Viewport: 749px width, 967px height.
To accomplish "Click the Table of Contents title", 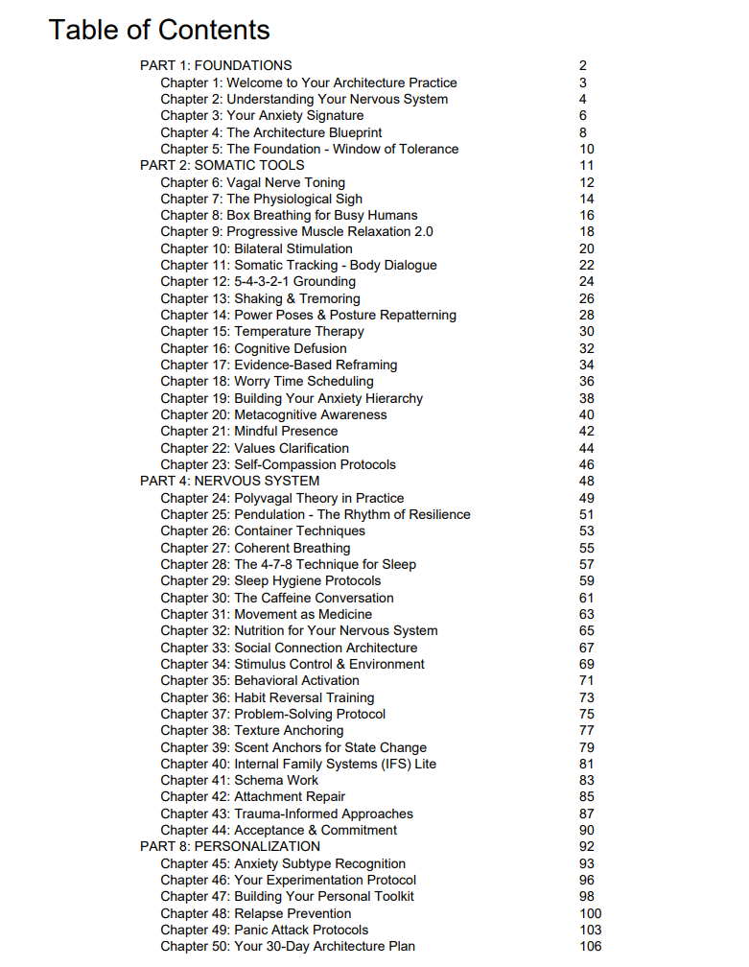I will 159,30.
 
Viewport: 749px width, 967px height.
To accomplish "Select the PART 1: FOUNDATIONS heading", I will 216,65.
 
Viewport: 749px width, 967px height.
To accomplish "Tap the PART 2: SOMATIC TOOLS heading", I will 222,165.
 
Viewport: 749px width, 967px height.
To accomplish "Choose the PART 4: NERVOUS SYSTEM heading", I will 230,481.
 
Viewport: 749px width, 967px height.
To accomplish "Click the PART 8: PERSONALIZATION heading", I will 230,846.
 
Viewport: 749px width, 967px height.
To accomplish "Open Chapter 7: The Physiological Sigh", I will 262,199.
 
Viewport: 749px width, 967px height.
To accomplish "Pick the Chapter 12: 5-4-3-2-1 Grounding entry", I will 258,281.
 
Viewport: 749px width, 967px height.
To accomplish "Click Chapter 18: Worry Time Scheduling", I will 267,381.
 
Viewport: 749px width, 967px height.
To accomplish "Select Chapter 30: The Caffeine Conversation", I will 277,598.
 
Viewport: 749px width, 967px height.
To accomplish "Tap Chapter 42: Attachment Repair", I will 253,796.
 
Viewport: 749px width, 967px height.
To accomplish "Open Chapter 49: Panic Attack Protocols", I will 265,930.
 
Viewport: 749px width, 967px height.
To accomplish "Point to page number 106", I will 591,946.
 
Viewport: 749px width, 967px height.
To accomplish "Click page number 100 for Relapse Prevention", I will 591,913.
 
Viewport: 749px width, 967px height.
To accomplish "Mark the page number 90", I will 587,830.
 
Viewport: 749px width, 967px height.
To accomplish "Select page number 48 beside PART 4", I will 587,481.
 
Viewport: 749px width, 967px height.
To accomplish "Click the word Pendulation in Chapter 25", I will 272,514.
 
